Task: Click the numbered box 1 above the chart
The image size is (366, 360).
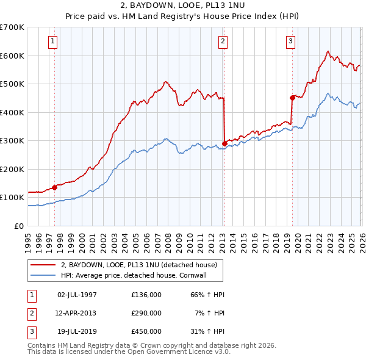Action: pyautogui.click(x=54, y=41)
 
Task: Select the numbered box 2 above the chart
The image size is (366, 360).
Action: pyautogui.click(x=223, y=41)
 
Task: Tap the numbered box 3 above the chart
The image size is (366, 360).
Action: pyautogui.click(x=291, y=41)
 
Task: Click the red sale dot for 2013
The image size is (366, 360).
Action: pyautogui.click(x=224, y=144)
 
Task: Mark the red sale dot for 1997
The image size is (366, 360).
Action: pyautogui.click(x=55, y=187)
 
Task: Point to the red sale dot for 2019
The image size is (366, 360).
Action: pyautogui.click(x=292, y=97)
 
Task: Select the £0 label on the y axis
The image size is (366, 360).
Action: pyautogui.click(x=18, y=226)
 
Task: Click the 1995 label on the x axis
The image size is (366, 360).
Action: pyautogui.click(x=28, y=239)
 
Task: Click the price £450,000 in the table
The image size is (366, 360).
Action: pyautogui.click(x=146, y=331)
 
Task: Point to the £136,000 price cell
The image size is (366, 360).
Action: pyautogui.click(x=146, y=295)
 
